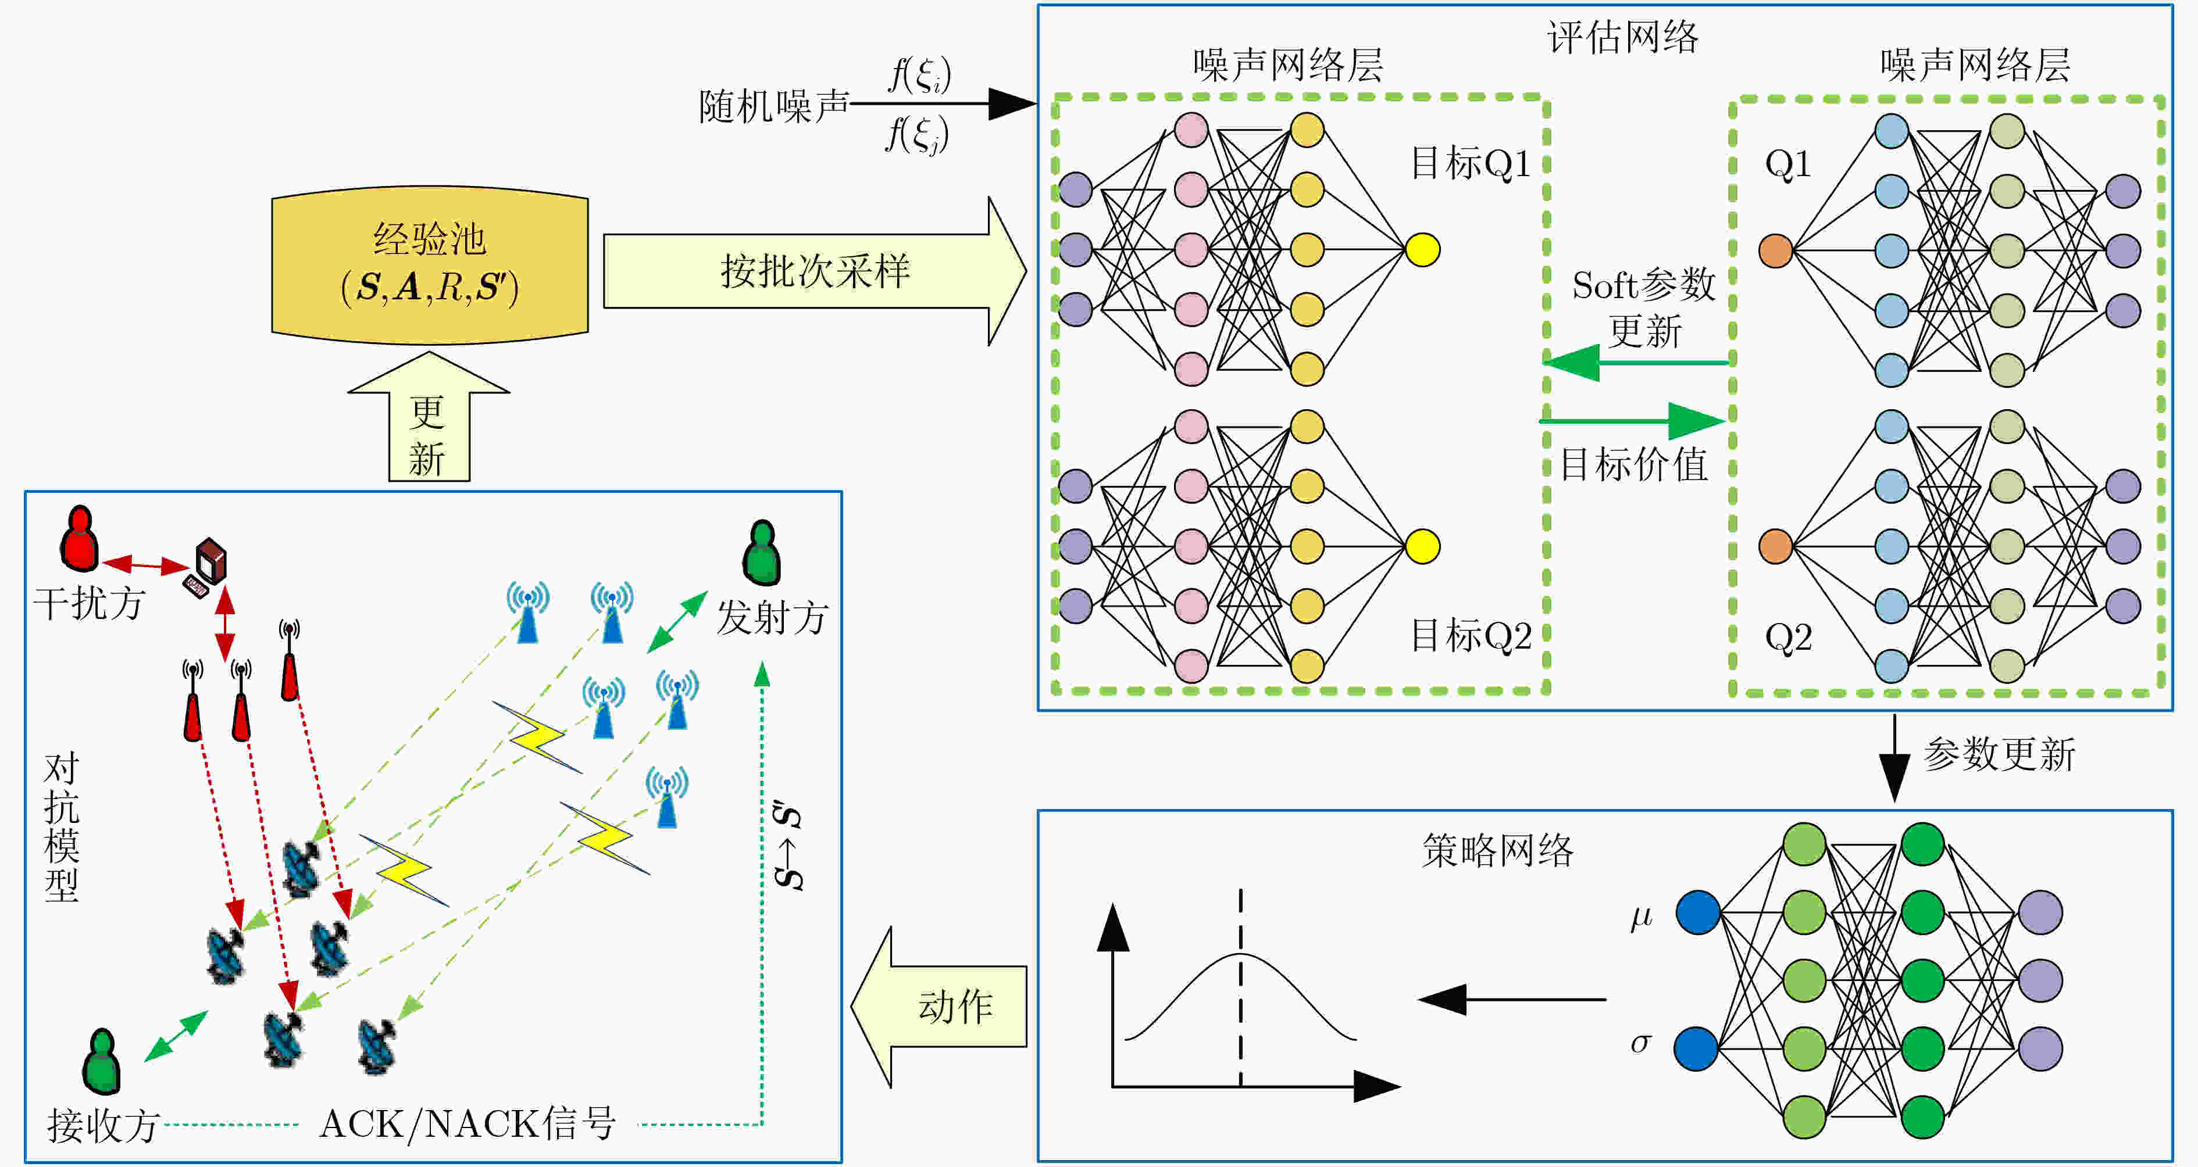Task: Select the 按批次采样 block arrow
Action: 814,271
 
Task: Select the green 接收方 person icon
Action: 101,1061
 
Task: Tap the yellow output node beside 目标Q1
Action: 1422,250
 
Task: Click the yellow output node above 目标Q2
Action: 1422,546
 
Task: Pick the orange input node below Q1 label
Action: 1776,251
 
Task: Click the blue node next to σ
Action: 1696,1048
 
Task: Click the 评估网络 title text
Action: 1623,37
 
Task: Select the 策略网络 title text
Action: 1497,850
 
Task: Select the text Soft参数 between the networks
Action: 1643,285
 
